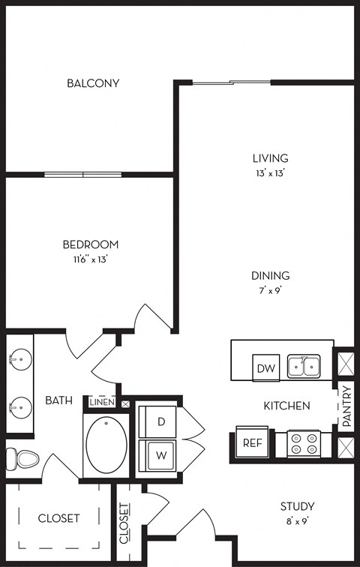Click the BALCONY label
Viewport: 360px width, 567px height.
[93, 83]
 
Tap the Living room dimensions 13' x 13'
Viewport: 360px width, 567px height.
[270, 173]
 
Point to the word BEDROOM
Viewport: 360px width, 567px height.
[90, 244]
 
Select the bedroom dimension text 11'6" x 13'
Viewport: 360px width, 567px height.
[90, 259]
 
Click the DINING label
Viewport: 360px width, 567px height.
[270, 275]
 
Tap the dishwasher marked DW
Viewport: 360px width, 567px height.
[266, 367]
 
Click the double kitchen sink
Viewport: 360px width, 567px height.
[304, 366]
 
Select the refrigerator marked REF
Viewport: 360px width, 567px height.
[252, 442]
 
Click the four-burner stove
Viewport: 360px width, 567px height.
[304, 444]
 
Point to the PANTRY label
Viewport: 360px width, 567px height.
[346, 406]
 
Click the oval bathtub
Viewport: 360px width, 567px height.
[106, 445]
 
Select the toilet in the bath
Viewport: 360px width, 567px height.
[22, 459]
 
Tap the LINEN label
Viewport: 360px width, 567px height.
[102, 402]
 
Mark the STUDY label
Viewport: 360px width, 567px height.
[297, 506]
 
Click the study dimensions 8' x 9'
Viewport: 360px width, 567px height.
[297, 521]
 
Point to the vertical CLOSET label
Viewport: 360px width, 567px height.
[124, 523]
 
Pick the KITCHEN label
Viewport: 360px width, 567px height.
[286, 406]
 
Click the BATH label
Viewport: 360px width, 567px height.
[58, 400]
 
